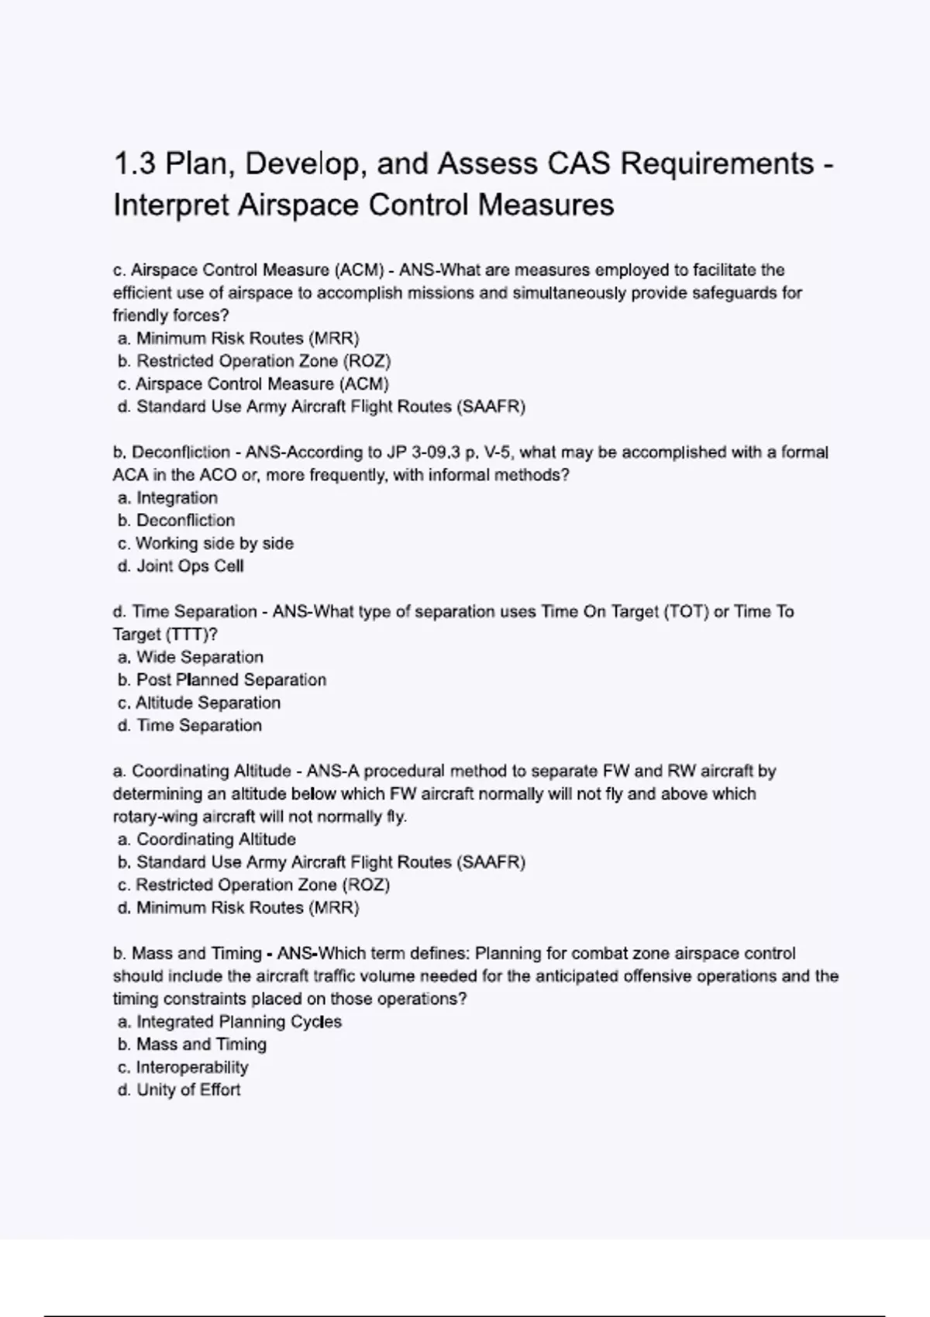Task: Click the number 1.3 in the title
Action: (x=136, y=163)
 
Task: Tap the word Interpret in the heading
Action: (x=170, y=205)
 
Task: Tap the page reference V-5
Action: (x=496, y=452)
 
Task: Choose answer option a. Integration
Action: (x=168, y=498)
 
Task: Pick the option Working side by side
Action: (x=206, y=544)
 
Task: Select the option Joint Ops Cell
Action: (x=181, y=566)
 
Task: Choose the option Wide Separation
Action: (x=191, y=658)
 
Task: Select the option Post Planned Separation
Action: (x=222, y=680)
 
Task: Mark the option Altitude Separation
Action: (x=200, y=703)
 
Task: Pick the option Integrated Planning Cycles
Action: (x=230, y=1022)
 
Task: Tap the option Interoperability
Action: (x=184, y=1068)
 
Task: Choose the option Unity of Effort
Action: (x=180, y=1090)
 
